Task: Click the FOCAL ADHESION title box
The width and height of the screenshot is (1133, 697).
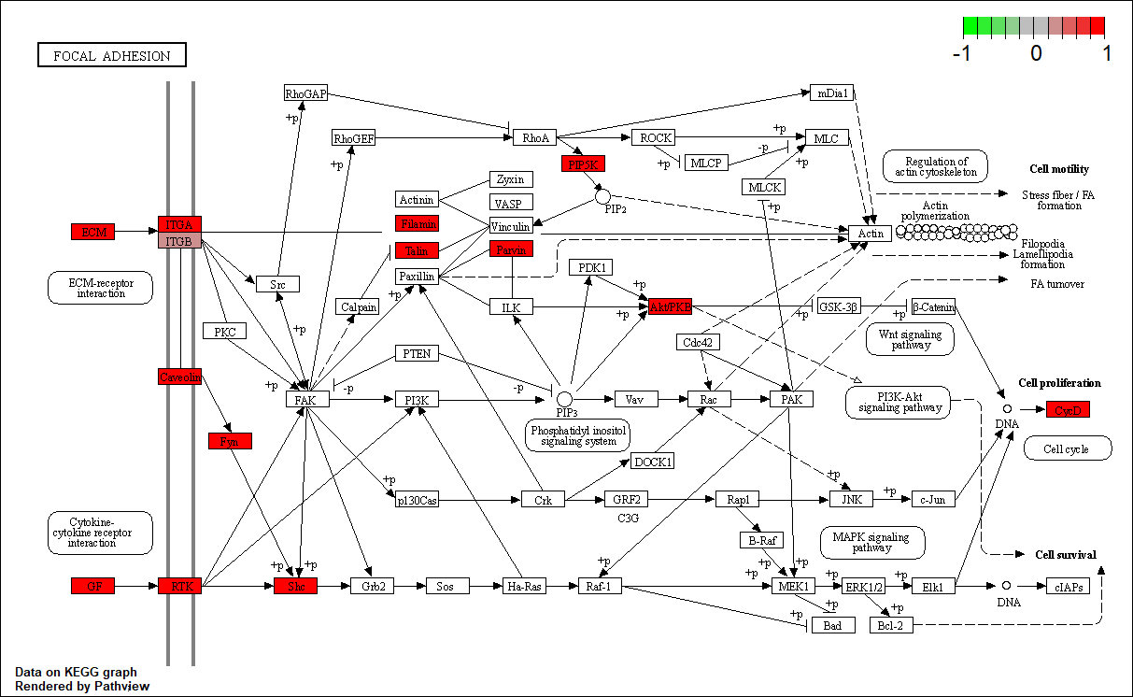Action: (112, 56)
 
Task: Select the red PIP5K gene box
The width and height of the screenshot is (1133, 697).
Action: (585, 164)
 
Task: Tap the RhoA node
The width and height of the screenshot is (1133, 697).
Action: (536, 138)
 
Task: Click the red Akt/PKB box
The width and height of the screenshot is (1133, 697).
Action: (671, 306)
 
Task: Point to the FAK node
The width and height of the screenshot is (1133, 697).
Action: (306, 399)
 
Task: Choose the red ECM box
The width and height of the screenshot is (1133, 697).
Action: (93, 231)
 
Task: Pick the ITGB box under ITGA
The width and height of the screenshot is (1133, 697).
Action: (179, 241)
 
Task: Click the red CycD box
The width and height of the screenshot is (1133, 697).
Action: (1068, 409)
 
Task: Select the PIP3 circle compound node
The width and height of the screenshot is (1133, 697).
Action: (564, 399)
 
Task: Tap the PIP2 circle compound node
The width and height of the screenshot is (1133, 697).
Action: (602, 196)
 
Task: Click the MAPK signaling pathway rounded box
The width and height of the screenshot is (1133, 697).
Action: (872, 543)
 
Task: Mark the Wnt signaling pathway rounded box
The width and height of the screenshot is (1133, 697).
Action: (911, 339)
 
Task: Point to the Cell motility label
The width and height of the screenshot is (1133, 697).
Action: (1059, 169)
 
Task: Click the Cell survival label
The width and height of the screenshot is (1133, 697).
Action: (1066, 554)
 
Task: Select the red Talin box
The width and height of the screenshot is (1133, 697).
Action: (416, 250)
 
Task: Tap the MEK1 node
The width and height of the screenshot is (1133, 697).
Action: (795, 586)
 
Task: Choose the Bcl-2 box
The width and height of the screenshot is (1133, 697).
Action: (891, 625)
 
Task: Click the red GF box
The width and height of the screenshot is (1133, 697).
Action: (93, 586)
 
